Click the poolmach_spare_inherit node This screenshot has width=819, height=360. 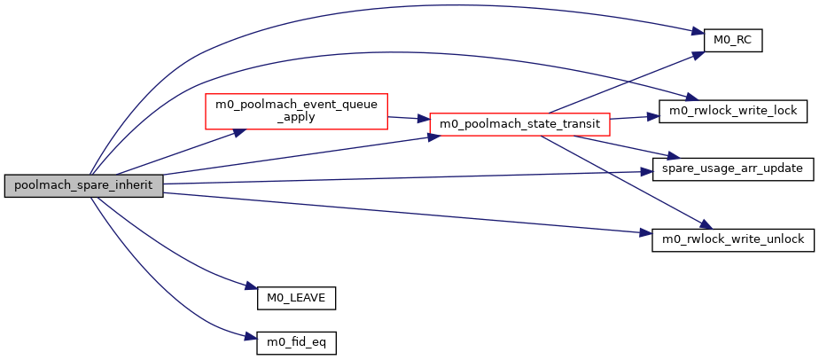(x=83, y=186)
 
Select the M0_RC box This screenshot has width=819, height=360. (x=733, y=41)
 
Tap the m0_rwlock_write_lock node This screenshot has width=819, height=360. (x=733, y=111)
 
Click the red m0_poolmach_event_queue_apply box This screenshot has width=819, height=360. (x=296, y=111)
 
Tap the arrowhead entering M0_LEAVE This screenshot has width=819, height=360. (x=250, y=286)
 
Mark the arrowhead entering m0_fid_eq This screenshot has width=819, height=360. (x=250, y=335)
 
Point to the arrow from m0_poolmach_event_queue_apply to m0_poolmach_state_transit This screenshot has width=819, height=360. (x=409, y=118)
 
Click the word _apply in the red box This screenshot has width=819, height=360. (x=296, y=117)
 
